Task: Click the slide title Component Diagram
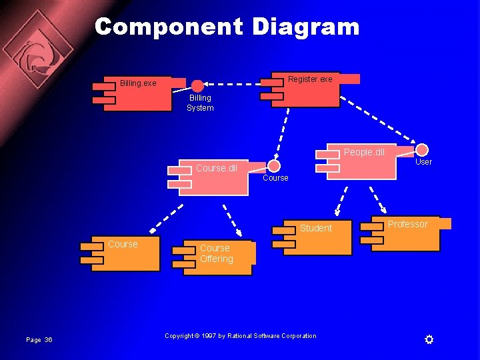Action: pyautogui.click(x=227, y=27)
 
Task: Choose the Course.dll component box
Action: pyautogui.click(x=213, y=177)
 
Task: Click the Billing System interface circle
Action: pyautogui.click(x=198, y=86)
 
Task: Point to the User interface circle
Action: pyautogui.click(x=422, y=150)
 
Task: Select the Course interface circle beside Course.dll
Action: pyautogui.click(x=274, y=166)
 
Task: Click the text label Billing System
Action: pyautogui.click(x=200, y=103)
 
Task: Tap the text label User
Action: pyautogui.click(x=424, y=162)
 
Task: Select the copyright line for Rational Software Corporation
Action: pyautogui.click(x=241, y=336)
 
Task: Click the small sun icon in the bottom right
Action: pyautogui.click(x=429, y=340)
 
